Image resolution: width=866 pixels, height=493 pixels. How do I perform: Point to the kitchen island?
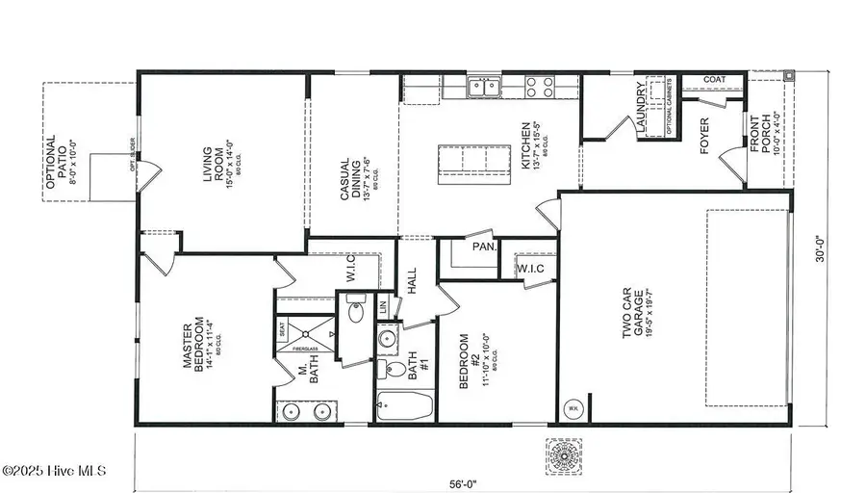coord(474,163)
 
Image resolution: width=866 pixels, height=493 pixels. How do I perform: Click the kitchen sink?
coord(484,89)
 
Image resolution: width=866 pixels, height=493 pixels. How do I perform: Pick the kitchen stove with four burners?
coord(541,89)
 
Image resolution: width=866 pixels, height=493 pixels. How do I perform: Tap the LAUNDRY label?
coord(639,104)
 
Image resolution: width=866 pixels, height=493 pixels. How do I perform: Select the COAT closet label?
coord(714,80)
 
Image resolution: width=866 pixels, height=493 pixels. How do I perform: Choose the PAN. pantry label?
coord(484,246)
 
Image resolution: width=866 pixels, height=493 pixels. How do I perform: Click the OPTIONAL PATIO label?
coord(58,168)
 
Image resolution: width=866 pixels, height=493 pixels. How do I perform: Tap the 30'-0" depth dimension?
coord(819,250)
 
